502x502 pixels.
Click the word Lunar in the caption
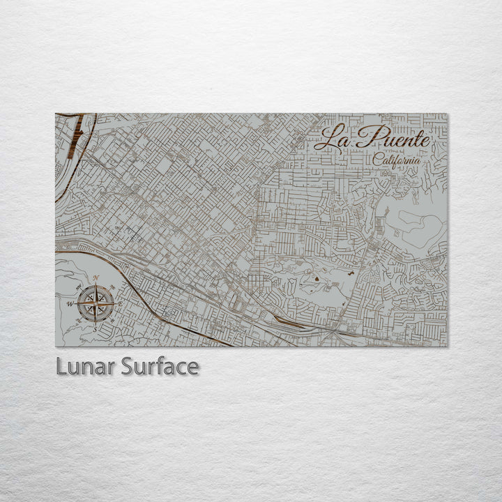pyautogui.click(x=85, y=367)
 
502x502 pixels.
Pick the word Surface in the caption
pyautogui.click(x=159, y=367)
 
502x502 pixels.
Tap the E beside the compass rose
pyautogui.click(x=120, y=305)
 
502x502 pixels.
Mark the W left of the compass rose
pyautogui.click(x=70, y=305)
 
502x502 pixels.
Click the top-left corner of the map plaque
pyautogui.click(x=56, y=114)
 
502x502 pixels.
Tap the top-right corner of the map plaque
pyautogui.click(x=448, y=114)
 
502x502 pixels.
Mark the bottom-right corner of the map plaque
pyautogui.click(x=448, y=346)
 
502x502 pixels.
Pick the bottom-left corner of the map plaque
pyautogui.click(x=56, y=346)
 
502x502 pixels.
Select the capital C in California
pyautogui.click(x=376, y=160)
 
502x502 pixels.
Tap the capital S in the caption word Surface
pyautogui.click(x=128, y=367)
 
